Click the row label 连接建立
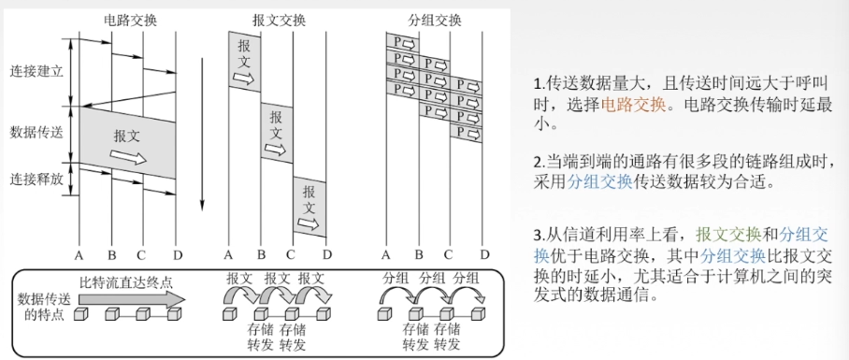[36, 71]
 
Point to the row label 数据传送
[36, 131]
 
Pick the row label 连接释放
[36, 179]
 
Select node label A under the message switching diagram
[228, 252]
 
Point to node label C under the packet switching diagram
[449, 252]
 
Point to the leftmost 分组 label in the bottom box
[396, 278]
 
